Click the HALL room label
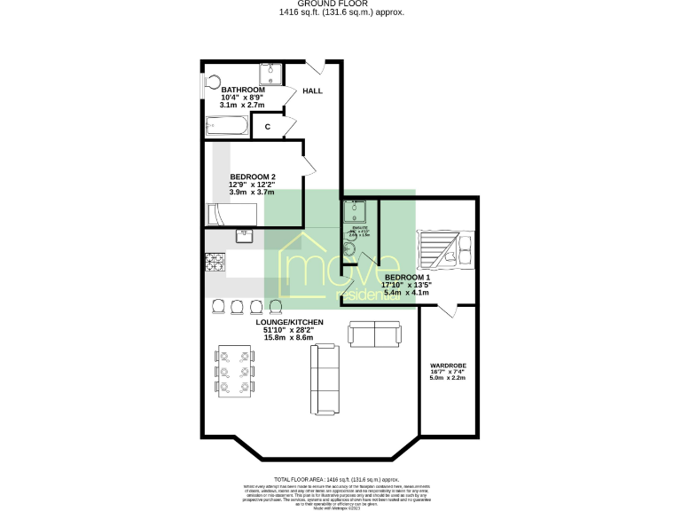[312, 90]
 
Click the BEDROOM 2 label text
[252, 177]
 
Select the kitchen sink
[246, 236]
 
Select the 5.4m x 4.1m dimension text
[406, 292]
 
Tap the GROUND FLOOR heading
[340, 4]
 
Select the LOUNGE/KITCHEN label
[289, 321]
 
